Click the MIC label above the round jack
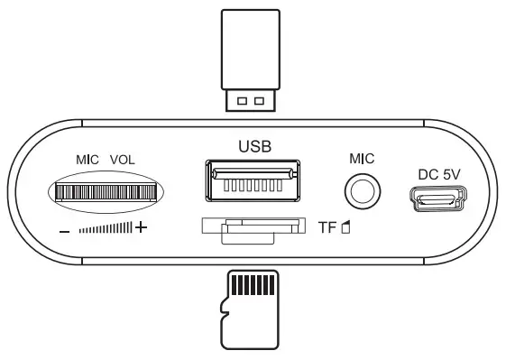point(362,159)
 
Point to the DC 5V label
point(439,174)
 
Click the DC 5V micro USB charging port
point(439,198)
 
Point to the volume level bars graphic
point(106,228)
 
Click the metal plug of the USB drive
point(254,99)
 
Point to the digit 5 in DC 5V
point(446,174)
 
